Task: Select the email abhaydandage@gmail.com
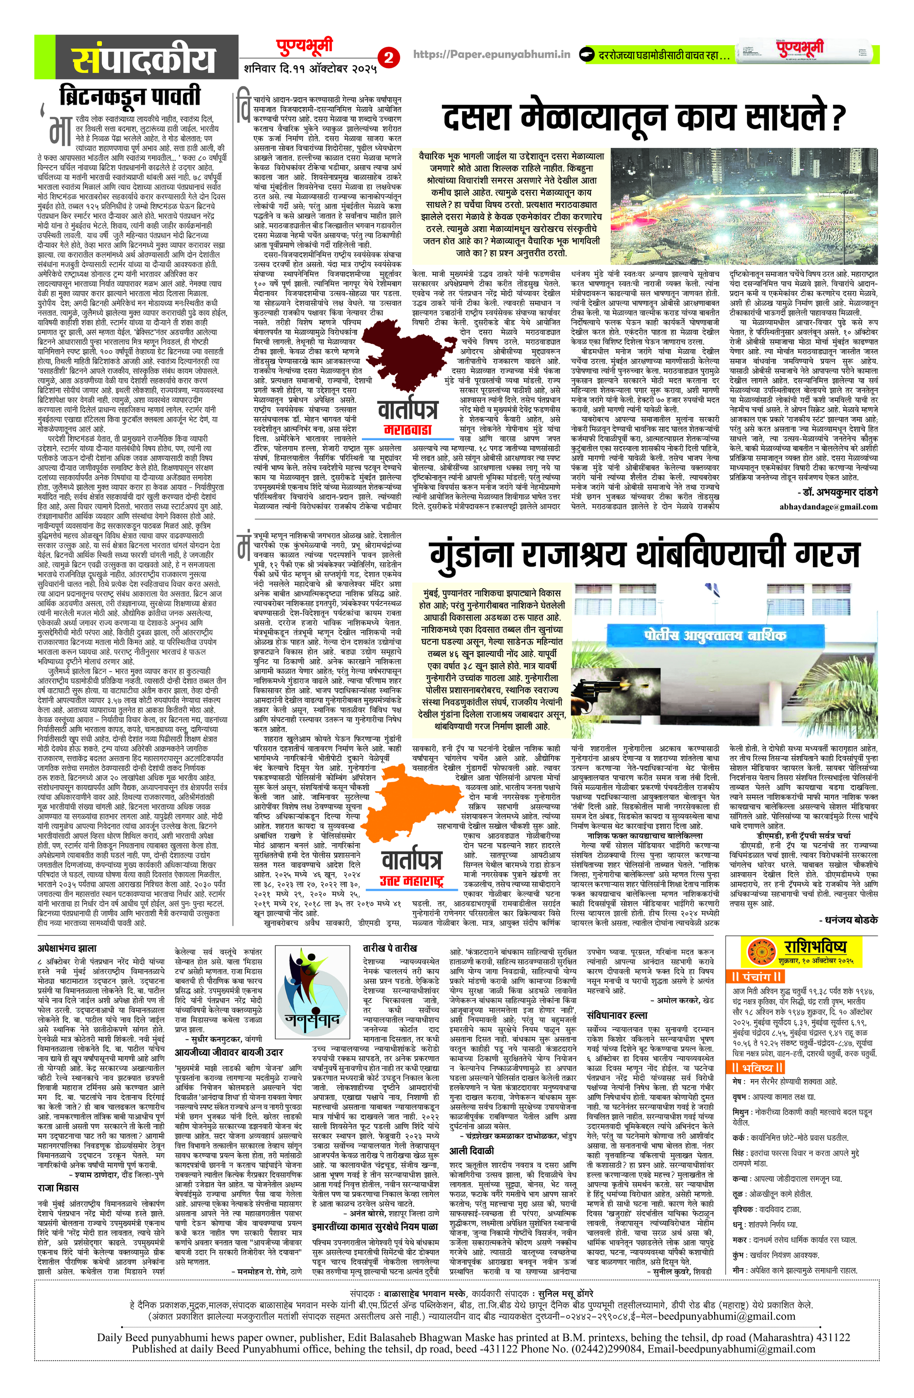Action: click(x=828, y=506)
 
